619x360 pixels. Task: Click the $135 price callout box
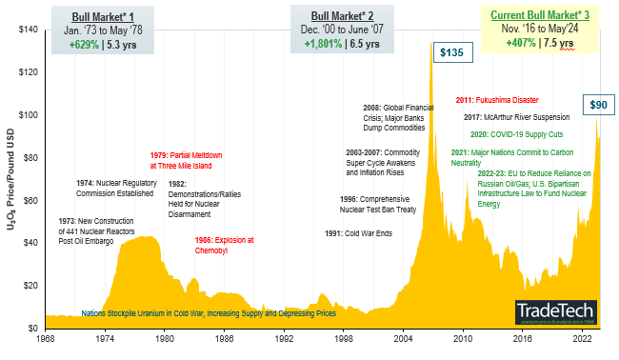449,53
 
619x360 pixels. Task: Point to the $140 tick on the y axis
29,30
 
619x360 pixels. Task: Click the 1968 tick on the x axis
46,338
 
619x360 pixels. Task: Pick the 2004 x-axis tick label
404,338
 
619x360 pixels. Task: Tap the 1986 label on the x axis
225,338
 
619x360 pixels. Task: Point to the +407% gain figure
524,43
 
